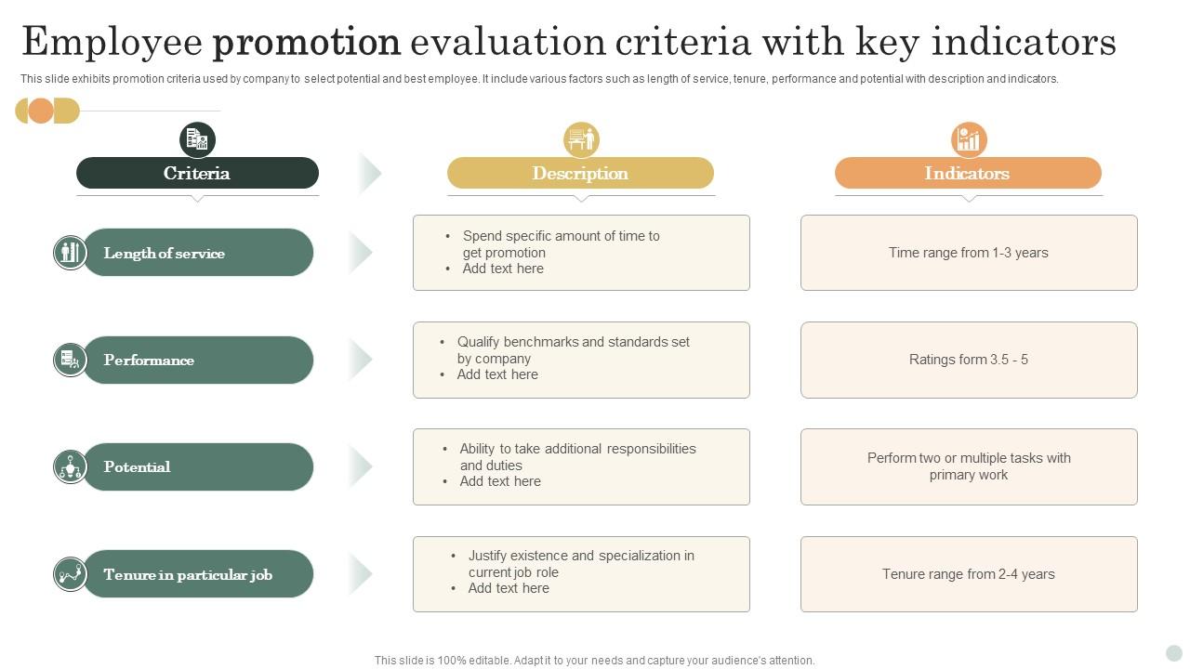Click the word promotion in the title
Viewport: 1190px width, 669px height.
(307, 43)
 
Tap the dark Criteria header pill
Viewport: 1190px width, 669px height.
(197, 173)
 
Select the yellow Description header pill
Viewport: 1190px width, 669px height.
(580, 173)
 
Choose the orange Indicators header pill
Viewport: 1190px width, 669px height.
(968, 173)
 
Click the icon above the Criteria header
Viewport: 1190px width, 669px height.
(197, 139)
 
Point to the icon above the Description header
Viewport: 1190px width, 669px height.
(581, 139)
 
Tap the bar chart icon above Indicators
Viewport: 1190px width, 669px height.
(969, 139)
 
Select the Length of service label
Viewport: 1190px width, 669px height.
(165, 253)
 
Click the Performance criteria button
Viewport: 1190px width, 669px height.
(197, 360)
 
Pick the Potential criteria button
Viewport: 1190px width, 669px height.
(197, 466)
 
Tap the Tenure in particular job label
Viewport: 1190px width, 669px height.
(188, 574)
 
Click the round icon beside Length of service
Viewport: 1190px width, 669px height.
(70, 252)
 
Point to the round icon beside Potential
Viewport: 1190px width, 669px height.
(70, 466)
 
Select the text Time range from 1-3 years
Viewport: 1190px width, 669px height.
(968, 253)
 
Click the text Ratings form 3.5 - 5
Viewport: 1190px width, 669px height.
(968, 360)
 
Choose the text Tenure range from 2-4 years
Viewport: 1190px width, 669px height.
(968, 574)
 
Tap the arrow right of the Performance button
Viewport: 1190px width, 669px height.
(361, 359)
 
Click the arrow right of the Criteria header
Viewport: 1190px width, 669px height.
(370, 173)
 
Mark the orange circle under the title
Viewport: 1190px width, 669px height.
(41, 111)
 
